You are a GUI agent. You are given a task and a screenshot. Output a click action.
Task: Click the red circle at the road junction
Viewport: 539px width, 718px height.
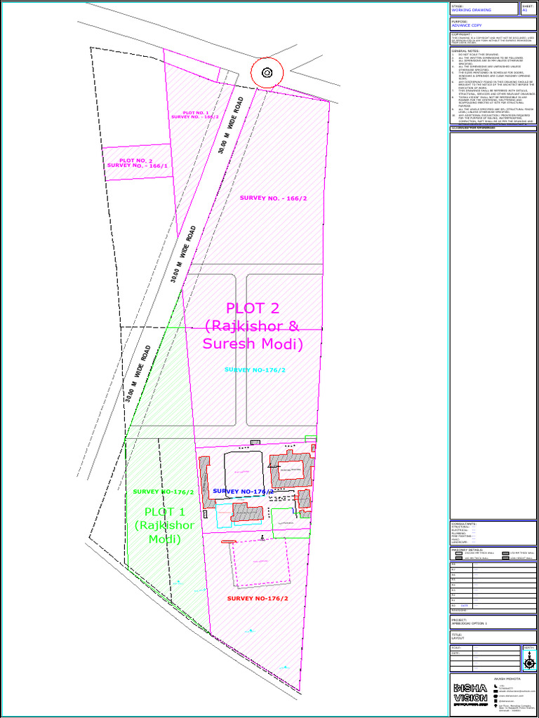click(267, 72)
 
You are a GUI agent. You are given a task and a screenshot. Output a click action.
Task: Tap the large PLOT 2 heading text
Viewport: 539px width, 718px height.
click(253, 326)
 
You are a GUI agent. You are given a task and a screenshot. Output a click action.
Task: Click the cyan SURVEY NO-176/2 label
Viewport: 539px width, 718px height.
click(255, 370)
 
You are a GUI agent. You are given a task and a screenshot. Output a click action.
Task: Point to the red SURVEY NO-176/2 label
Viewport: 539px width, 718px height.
click(258, 598)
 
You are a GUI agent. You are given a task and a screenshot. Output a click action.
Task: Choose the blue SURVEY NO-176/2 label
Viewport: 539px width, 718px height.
click(243, 492)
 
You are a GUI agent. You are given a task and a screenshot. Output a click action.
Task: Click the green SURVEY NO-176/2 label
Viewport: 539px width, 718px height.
click(163, 492)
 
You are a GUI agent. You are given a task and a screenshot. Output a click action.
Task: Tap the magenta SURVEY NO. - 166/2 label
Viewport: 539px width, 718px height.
click(273, 198)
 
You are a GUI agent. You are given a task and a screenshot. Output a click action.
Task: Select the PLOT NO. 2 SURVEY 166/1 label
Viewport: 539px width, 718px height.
click(138, 163)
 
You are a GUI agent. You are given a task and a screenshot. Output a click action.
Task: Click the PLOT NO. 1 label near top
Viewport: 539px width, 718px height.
click(195, 115)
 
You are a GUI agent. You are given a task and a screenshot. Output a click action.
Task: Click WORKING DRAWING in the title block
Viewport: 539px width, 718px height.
click(471, 11)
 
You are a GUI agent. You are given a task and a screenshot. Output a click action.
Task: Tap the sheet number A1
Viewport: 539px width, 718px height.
click(524, 11)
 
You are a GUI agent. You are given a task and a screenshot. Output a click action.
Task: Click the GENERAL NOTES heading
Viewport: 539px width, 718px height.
click(466, 51)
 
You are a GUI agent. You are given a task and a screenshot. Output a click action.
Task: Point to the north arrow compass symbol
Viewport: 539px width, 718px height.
click(529, 659)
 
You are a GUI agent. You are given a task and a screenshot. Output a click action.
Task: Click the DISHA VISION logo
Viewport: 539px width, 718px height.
click(470, 692)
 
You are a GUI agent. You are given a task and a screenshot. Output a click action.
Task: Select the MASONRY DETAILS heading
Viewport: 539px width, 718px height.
click(467, 549)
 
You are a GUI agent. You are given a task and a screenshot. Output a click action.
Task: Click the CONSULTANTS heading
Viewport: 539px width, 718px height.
click(464, 523)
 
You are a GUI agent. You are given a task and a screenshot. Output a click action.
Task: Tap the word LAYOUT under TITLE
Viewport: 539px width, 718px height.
click(458, 639)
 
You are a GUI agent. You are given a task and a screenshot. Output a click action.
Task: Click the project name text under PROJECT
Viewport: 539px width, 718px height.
click(469, 623)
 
